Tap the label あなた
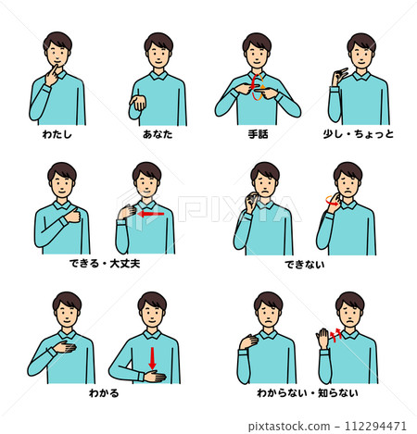tap(158, 134)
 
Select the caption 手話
tap(258, 134)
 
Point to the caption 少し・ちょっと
tap(359, 134)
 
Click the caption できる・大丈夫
tap(106, 264)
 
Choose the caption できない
tap(299, 264)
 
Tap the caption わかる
tap(106, 392)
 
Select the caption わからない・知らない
tap(308, 392)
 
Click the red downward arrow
tap(152, 357)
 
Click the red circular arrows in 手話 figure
tap(258, 90)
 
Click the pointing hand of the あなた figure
tap(140, 102)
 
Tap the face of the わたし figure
tap(58, 55)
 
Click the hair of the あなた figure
tap(158, 41)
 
